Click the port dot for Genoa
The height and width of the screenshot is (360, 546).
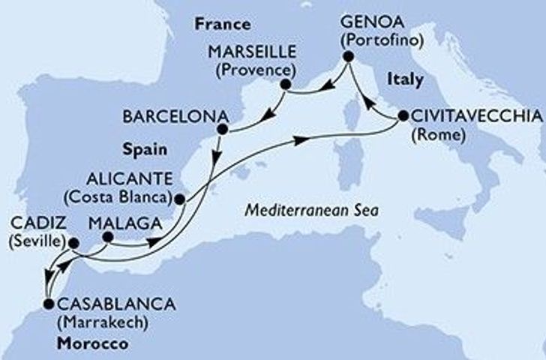(x=348, y=57)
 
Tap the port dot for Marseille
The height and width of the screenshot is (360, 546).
(x=285, y=84)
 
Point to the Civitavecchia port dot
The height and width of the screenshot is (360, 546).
(x=403, y=116)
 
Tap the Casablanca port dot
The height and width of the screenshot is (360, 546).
(x=49, y=304)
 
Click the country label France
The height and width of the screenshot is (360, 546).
(x=222, y=24)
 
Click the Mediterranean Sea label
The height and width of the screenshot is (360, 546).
(x=310, y=212)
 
